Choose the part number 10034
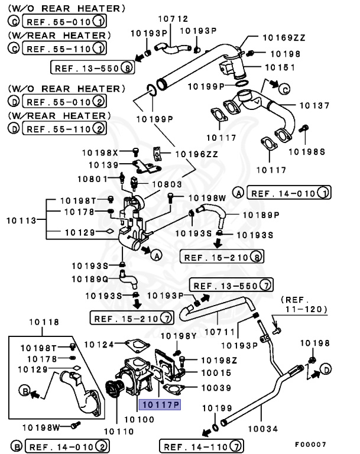(x=262, y=424)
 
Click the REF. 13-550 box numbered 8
(x=93, y=68)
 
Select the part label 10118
(x=44, y=322)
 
